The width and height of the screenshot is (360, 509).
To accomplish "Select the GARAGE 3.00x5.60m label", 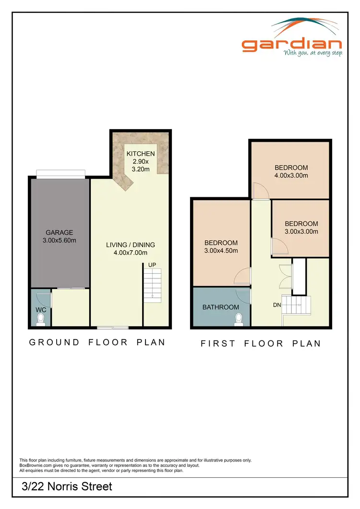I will [x=60, y=236].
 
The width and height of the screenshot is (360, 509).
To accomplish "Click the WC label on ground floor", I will [x=41, y=310].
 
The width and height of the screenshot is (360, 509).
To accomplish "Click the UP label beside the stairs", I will [x=152, y=265].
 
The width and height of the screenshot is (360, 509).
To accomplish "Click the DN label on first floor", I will [x=277, y=305].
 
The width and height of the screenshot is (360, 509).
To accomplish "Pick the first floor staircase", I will [x=296, y=304].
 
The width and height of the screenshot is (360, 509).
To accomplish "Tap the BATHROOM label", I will [x=220, y=307].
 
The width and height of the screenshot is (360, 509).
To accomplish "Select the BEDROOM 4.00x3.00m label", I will [x=291, y=171].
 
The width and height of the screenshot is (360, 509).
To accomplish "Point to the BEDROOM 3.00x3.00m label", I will [x=301, y=228].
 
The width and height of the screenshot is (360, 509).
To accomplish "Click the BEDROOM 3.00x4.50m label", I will [x=221, y=246].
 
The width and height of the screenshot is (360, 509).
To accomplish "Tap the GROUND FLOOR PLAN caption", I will [x=97, y=342].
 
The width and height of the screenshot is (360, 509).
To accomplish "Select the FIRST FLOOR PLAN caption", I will [x=261, y=343].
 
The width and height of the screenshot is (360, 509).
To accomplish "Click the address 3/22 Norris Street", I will [x=67, y=486].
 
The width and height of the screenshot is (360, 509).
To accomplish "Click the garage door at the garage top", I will [x=61, y=173].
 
